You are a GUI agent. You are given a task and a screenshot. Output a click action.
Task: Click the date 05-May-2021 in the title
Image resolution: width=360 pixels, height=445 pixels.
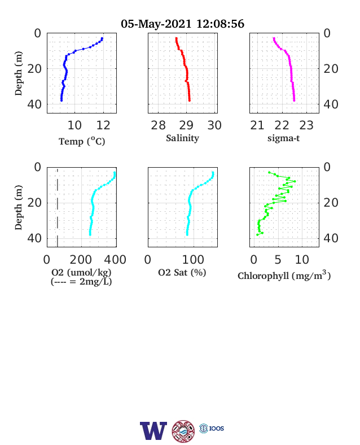tap(156, 24)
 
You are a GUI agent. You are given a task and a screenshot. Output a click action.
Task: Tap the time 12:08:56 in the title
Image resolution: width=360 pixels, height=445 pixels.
tap(220, 24)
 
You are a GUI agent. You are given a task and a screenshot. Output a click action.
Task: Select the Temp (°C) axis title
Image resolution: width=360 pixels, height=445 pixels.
tap(82, 141)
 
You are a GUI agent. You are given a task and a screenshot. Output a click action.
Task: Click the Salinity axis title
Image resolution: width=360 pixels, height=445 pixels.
tap(183, 138)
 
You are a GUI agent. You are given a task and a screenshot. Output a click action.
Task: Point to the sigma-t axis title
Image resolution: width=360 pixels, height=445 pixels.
tap(283, 138)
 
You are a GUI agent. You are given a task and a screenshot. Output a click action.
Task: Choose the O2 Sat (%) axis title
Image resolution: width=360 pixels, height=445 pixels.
tap(182, 273)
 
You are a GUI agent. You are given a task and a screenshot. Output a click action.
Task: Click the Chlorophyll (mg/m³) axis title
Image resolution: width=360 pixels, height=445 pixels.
tap(284, 275)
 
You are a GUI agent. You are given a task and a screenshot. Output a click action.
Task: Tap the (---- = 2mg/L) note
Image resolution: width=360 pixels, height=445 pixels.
tap(81, 282)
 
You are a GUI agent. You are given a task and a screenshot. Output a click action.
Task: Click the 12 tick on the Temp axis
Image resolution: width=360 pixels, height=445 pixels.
tap(103, 125)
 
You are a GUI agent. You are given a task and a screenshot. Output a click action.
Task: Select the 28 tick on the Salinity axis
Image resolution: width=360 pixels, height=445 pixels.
tap(158, 125)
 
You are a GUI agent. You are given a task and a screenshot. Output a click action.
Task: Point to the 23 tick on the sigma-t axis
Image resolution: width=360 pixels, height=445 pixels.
tap(306, 125)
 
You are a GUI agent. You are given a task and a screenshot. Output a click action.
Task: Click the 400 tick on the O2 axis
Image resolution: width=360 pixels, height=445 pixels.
tap(115, 260)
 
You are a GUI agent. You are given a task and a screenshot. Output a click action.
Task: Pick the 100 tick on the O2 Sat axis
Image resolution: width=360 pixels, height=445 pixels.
tap(193, 260)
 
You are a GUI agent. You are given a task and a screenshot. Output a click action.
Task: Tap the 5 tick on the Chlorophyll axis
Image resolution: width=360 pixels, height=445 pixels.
tap(278, 260)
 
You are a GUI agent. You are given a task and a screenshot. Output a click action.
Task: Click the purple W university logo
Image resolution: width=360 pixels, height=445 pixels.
tap(153, 431)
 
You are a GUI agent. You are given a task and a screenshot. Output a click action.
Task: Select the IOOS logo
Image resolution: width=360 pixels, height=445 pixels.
tap(212, 428)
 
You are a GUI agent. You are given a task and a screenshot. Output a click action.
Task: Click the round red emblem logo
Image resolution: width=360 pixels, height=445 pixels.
tap(183, 431)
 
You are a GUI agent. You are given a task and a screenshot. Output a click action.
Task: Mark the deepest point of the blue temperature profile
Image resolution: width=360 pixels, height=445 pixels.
tap(62, 101)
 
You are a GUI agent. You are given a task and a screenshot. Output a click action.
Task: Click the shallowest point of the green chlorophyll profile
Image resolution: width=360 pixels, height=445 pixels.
tap(269, 172)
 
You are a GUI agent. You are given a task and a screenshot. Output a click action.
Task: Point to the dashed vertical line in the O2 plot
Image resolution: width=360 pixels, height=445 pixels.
tap(57, 207)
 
